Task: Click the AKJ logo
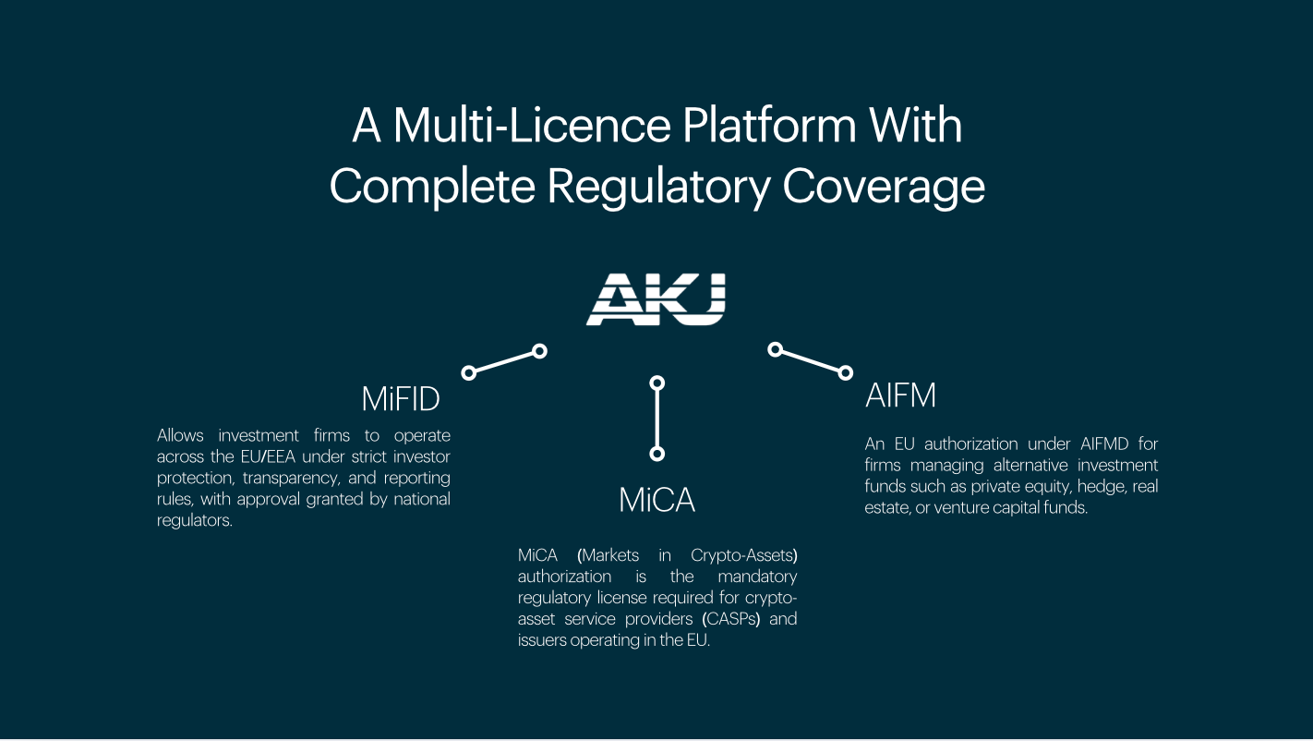[656, 299]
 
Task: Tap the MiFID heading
[400, 399]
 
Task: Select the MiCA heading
[656, 500]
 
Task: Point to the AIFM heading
[900, 395]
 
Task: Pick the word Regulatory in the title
[656, 187]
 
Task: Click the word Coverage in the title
[884, 187]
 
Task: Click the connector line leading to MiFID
[504, 362]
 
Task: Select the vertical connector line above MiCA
[657, 418]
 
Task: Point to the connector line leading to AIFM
[810, 361]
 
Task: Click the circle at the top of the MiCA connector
[657, 382]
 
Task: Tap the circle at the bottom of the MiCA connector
[657, 454]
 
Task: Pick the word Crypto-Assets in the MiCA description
[743, 555]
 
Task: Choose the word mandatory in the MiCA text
[757, 577]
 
